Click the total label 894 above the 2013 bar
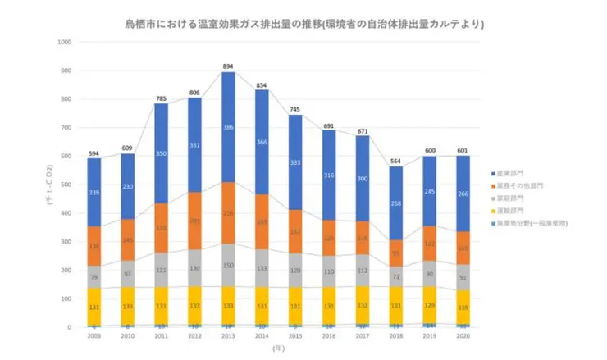click(228, 66)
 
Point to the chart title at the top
click(303, 25)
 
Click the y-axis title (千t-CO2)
click(51, 185)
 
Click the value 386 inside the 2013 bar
click(228, 128)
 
